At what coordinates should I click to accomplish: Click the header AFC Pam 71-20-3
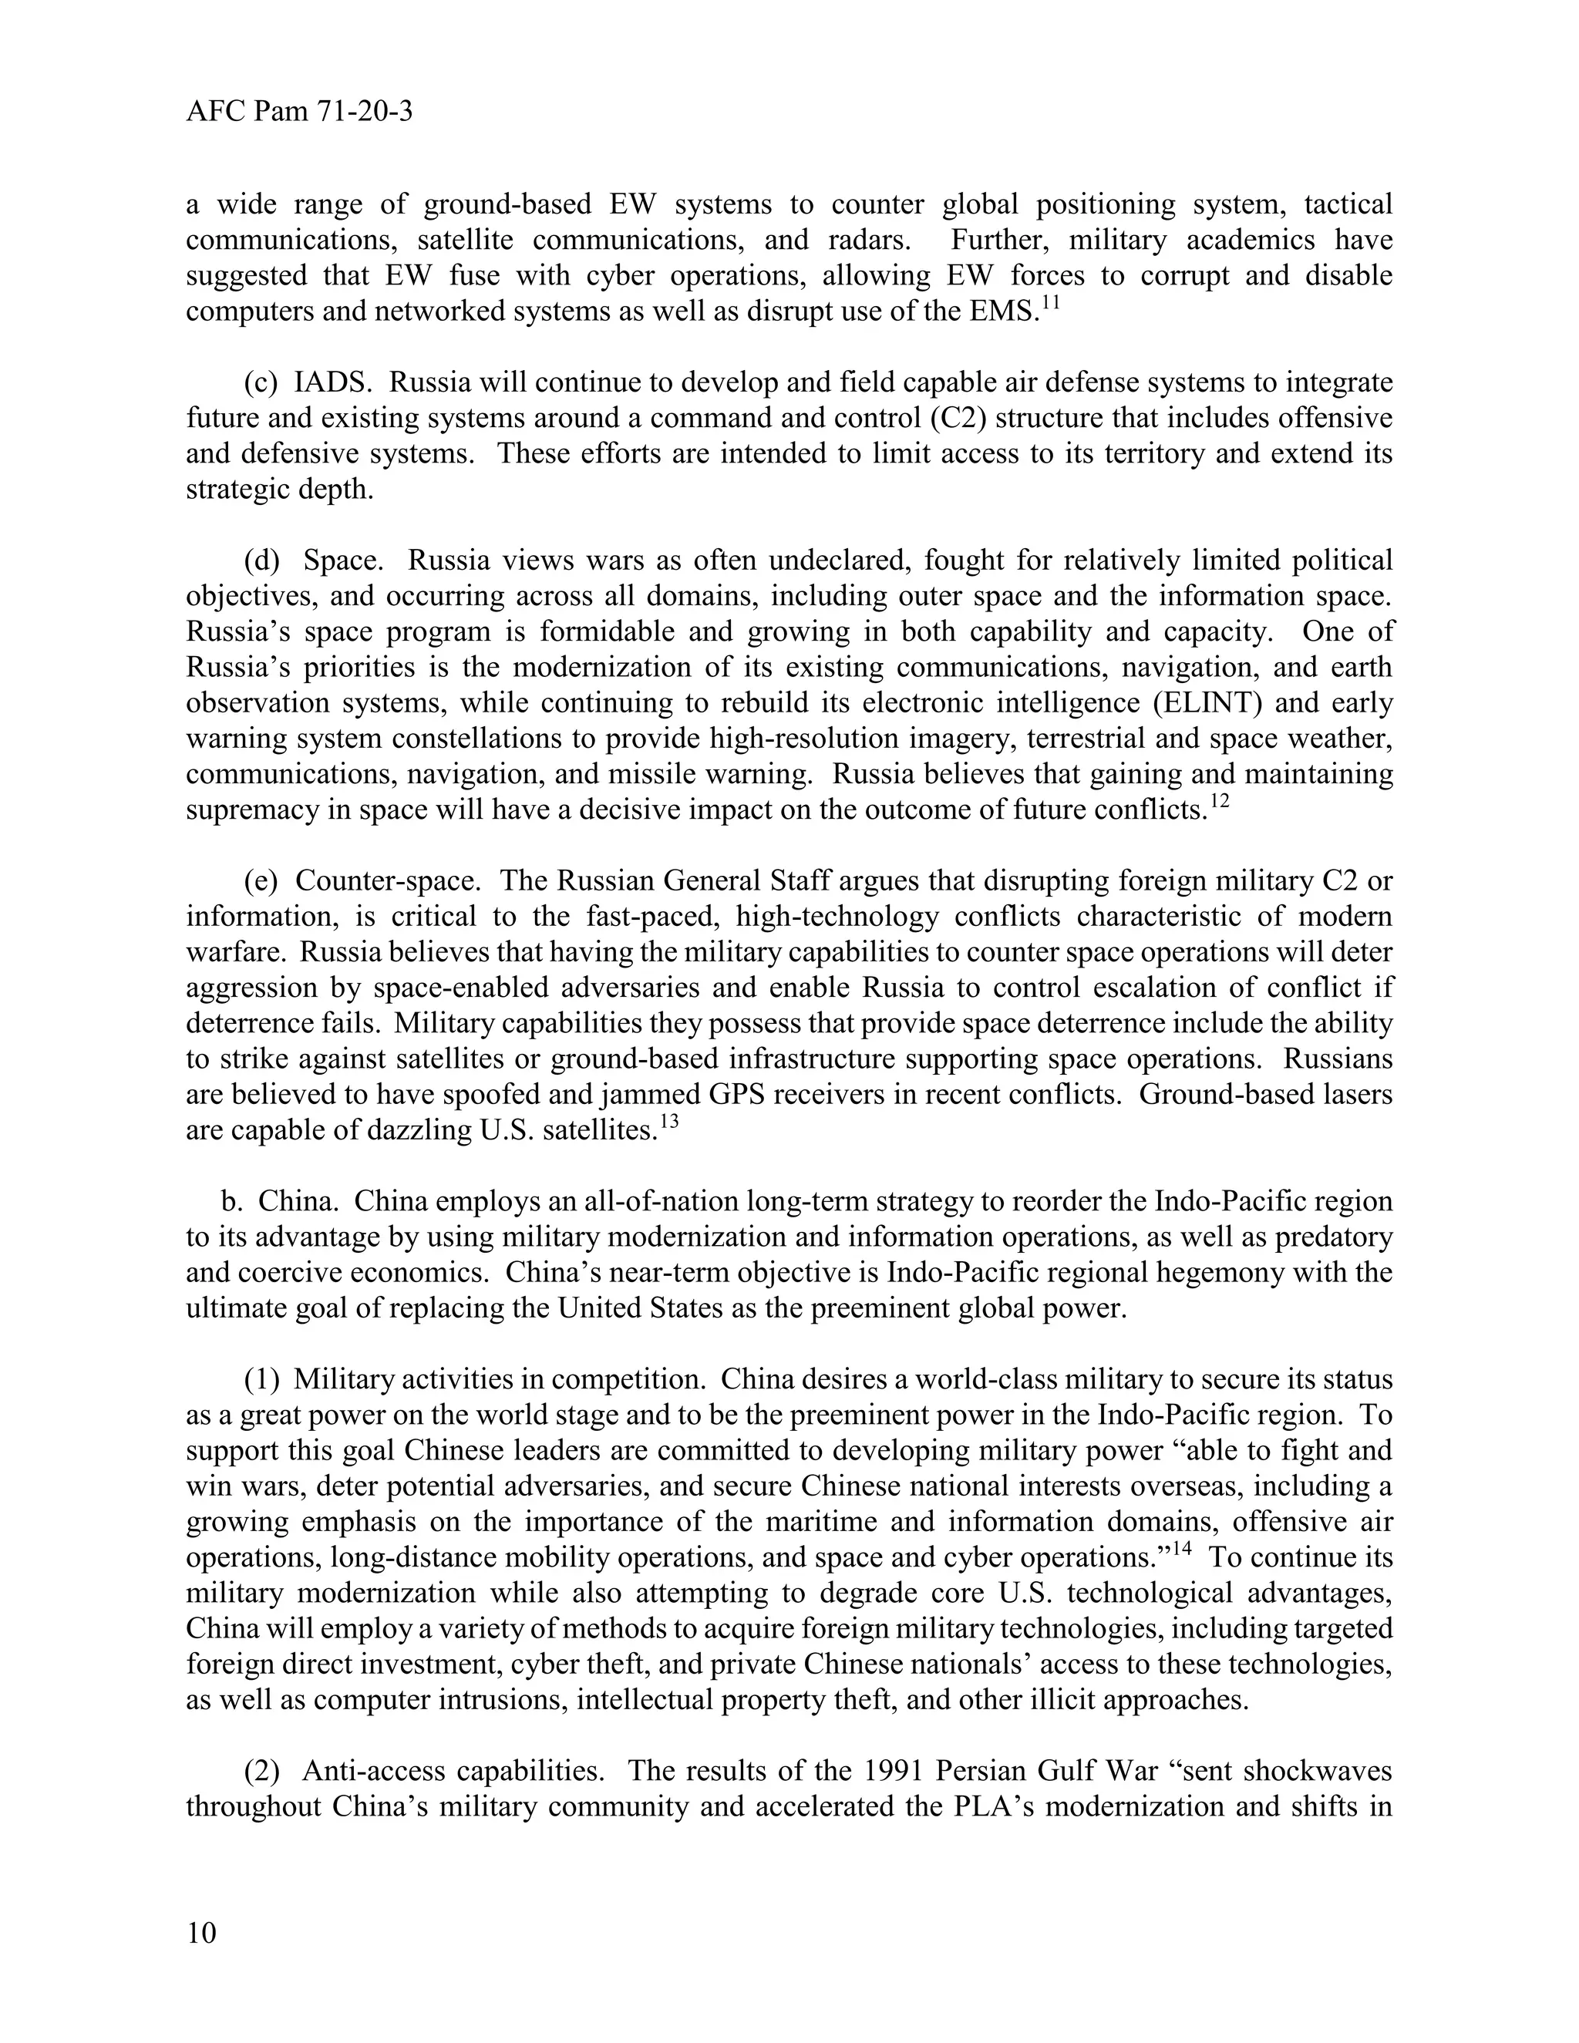pyautogui.click(x=299, y=113)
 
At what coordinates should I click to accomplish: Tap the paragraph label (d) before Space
pyautogui.click(x=262, y=561)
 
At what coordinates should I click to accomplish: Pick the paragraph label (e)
pyautogui.click(x=261, y=881)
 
